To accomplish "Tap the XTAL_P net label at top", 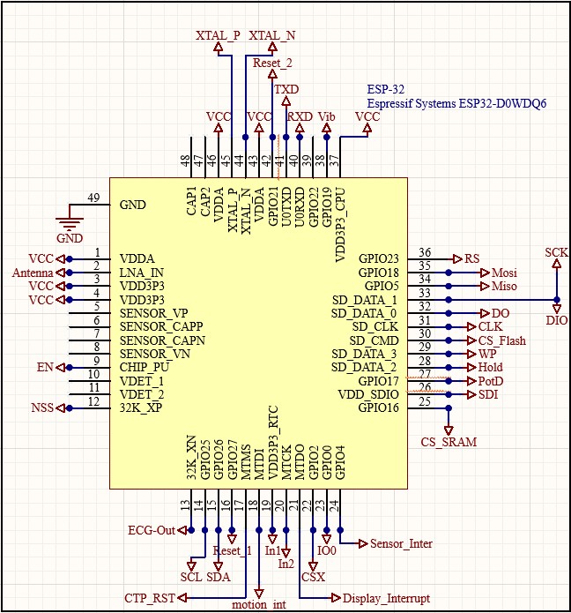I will pos(218,35).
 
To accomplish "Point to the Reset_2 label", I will pos(272,64).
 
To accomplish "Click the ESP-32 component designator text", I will pos(385,89).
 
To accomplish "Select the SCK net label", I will pos(556,251).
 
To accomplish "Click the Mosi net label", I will pos(505,273).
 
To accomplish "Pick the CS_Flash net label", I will pos(508,340).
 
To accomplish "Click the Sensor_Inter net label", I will pos(401,544).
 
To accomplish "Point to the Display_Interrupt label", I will pos(386,598).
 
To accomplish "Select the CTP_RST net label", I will pos(149,598).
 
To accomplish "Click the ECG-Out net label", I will pos(152,530).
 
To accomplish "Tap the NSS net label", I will pos(41,408).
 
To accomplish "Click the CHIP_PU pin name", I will pos(146,368).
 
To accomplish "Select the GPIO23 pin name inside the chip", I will pos(379,259).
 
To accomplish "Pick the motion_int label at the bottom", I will pos(259,605).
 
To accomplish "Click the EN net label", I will pos(44,368).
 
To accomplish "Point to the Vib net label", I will pos(327,116).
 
